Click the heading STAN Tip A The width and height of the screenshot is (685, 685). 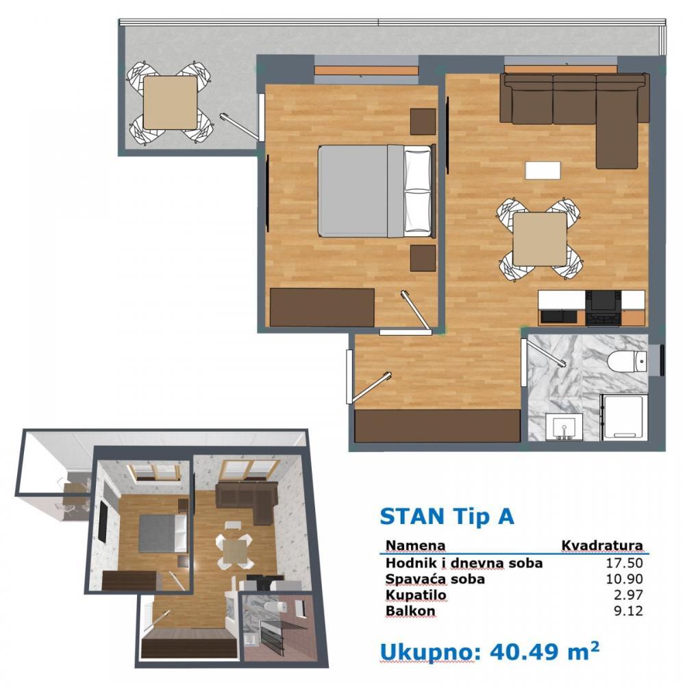(x=447, y=516)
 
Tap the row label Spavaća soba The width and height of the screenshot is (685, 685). (x=435, y=579)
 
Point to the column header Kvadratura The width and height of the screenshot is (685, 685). (x=602, y=546)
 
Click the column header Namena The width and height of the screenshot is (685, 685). (x=415, y=546)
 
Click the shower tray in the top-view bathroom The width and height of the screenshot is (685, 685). (x=623, y=416)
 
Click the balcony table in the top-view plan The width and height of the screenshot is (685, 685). (x=170, y=103)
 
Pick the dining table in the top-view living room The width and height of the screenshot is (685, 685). (x=540, y=239)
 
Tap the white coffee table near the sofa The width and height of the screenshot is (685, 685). (x=543, y=169)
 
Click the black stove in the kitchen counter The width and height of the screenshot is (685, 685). (x=605, y=307)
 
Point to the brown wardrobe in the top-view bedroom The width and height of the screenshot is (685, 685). (x=322, y=307)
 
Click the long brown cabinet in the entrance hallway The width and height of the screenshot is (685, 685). (x=437, y=425)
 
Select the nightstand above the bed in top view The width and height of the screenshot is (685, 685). (x=423, y=121)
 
